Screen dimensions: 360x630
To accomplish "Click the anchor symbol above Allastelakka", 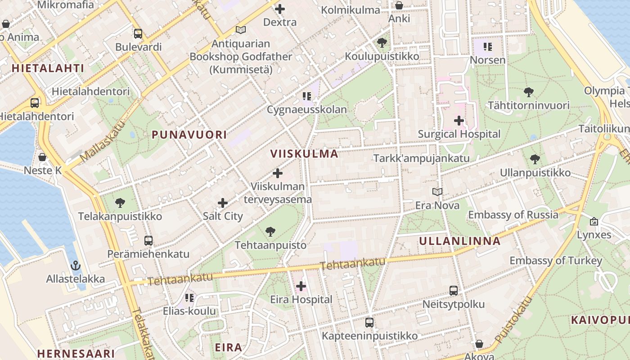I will click(x=76, y=265).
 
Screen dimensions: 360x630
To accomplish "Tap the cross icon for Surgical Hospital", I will click(x=459, y=121).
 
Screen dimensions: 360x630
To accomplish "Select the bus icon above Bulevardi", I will click(x=138, y=34).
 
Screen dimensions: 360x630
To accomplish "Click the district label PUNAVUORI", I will click(x=189, y=135).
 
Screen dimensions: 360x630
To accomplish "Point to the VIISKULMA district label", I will click(x=304, y=153).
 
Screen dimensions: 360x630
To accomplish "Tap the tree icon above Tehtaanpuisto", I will click(x=270, y=232).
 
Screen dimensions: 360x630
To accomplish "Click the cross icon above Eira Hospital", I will click(x=301, y=286).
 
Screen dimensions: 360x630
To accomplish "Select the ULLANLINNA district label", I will click(x=460, y=241).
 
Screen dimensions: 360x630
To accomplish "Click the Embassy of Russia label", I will click(x=513, y=215).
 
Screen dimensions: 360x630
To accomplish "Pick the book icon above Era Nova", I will click(x=437, y=192).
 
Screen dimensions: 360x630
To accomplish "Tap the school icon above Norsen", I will click(x=488, y=46).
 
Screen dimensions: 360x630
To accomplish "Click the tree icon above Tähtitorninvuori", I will click(x=529, y=92).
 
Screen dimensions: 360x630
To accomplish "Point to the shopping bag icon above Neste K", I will click(x=42, y=157).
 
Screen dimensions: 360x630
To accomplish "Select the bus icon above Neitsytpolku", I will click(x=454, y=291).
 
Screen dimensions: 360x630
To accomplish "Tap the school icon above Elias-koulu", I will click(x=189, y=298).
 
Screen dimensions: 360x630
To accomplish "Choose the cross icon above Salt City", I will click(x=223, y=203).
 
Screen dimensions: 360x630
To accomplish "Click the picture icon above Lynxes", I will click(x=594, y=221).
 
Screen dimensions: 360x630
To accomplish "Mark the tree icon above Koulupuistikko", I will click(x=382, y=43).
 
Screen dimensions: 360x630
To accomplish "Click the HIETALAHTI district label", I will click(x=48, y=68).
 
